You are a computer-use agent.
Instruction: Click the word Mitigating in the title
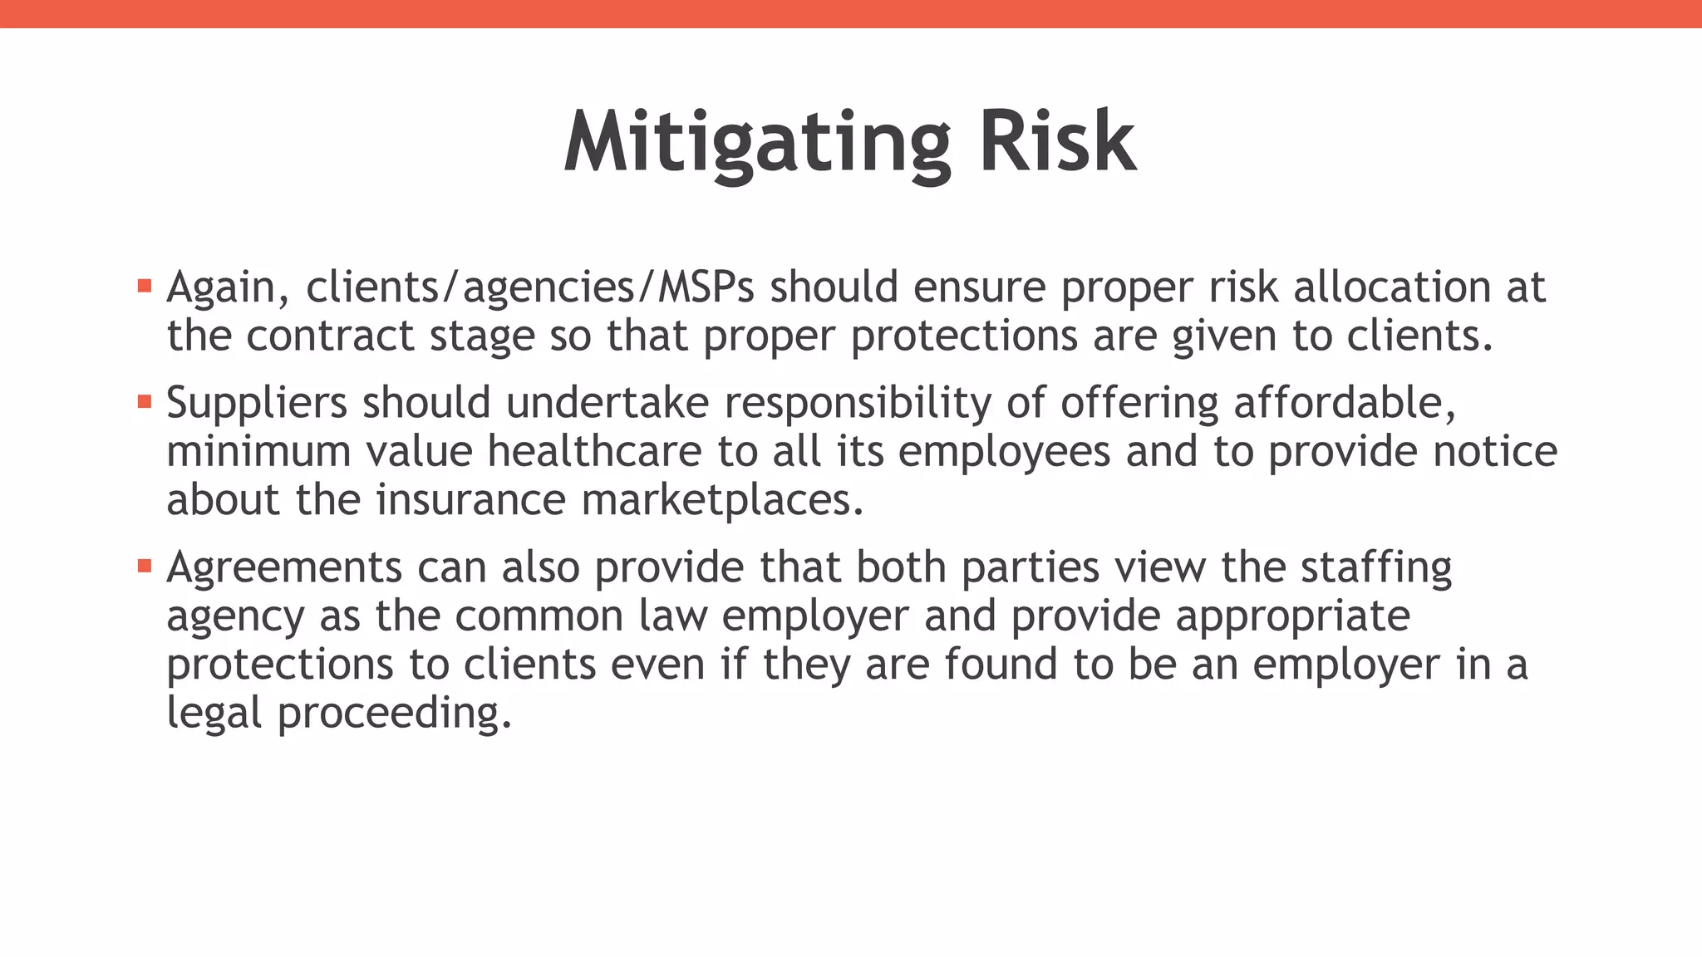[756, 143]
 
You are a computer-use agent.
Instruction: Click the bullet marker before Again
[145, 287]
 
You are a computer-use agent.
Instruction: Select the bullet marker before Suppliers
[145, 402]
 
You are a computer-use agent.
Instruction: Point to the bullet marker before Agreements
[145, 567]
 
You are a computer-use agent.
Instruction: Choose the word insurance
[470, 500]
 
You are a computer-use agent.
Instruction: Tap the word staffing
[1375, 568]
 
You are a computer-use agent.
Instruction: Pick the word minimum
[258, 451]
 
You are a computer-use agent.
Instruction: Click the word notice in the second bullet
[1495, 451]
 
